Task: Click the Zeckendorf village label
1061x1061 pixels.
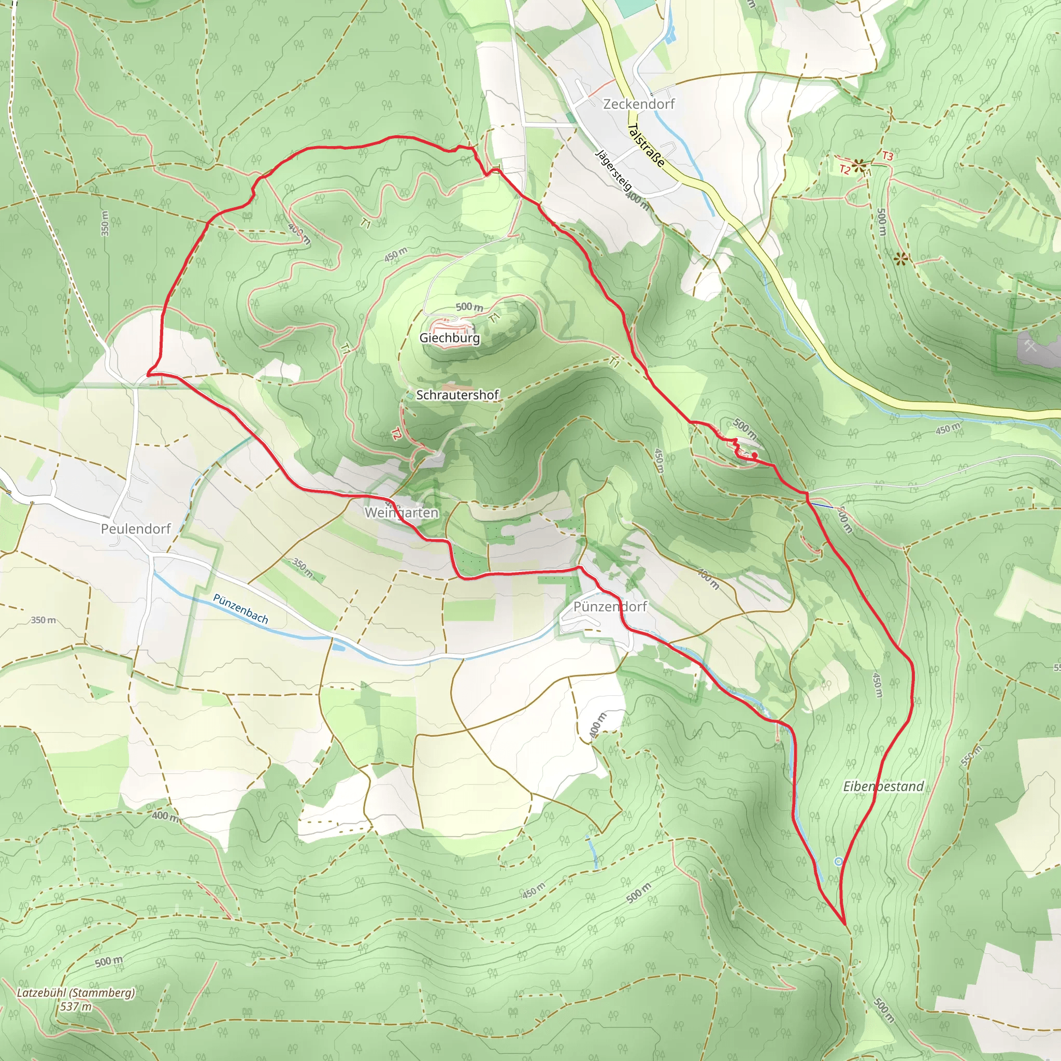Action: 639,104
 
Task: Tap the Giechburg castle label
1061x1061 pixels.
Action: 449,338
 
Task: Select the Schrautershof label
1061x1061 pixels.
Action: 457,395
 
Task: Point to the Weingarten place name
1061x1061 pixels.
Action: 402,512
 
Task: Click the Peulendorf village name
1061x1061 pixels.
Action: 136,529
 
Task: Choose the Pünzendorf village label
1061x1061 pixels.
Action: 610,606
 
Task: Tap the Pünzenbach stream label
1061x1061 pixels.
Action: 240,609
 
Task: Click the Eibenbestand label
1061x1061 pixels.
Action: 884,786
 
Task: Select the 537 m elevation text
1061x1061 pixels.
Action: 76,1007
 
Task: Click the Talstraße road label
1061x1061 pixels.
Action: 646,145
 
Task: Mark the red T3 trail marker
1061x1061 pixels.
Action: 887,156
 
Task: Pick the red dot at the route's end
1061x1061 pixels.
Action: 755,455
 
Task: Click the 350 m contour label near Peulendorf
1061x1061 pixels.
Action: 44,620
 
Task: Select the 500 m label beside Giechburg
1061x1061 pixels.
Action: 469,307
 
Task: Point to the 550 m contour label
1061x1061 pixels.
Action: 971,756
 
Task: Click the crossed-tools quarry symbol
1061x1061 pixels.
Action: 1030,346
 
